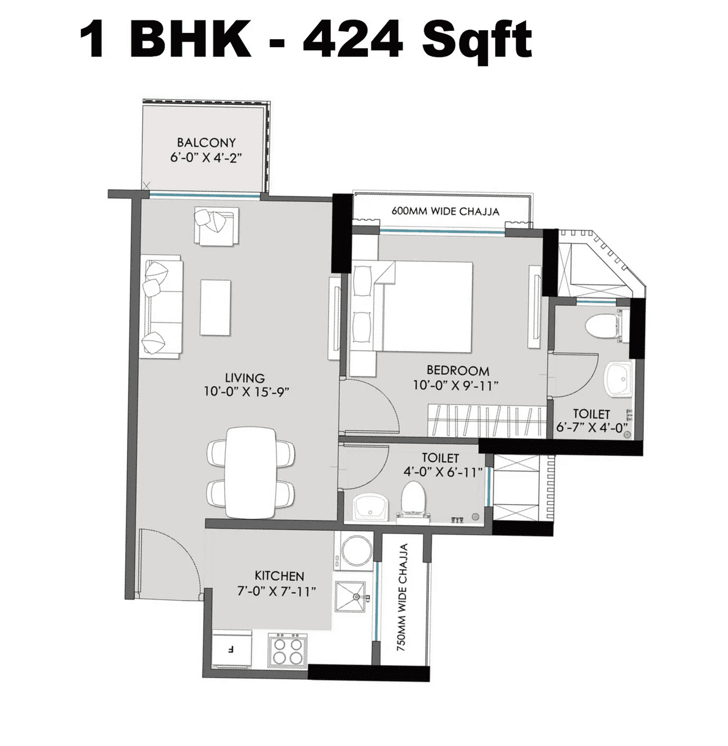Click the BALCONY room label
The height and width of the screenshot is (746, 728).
tap(206, 142)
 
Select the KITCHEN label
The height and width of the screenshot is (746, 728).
tap(279, 576)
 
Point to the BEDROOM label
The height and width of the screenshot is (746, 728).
tap(458, 371)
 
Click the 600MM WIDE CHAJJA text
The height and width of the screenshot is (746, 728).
tap(445, 211)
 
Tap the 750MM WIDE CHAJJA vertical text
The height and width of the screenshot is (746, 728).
tap(403, 597)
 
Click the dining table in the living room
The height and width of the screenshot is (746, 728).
tap(251, 473)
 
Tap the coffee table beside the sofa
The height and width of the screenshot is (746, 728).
tap(216, 308)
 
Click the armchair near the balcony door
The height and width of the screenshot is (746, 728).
tap(216, 226)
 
